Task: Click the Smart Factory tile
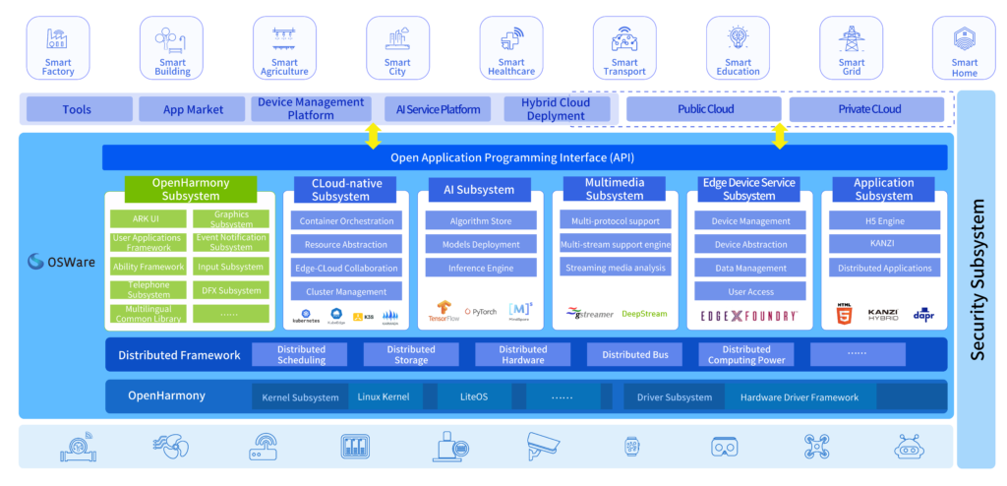[x=58, y=47]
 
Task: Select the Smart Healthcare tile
[x=510, y=47]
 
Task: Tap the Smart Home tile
[x=965, y=47]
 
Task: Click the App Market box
[x=193, y=109]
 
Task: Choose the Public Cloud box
[x=704, y=109]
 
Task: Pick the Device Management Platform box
[x=311, y=108]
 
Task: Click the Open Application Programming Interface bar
[x=524, y=157]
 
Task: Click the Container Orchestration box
[x=346, y=221]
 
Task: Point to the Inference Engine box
[x=481, y=268]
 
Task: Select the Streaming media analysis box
[x=615, y=268]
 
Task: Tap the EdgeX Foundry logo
[x=748, y=316]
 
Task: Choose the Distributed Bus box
[x=634, y=354]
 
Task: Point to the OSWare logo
[x=61, y=262]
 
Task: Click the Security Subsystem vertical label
[x=977, y=280]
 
